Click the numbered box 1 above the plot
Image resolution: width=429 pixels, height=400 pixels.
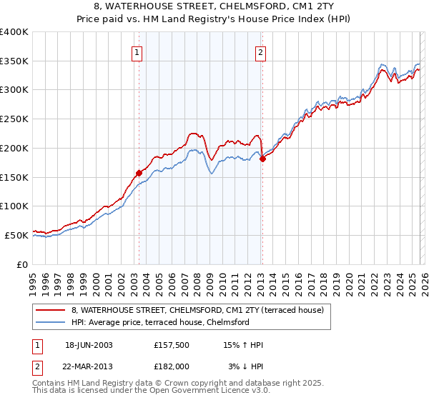[x=136, y=51]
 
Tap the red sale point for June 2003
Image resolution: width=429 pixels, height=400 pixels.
[x=139, y=172]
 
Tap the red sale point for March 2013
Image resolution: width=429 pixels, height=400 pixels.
[x=262, y=159]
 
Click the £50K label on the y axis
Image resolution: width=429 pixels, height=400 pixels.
[x=17, y=235]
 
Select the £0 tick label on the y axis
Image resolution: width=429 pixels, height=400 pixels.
[x=24, y=264]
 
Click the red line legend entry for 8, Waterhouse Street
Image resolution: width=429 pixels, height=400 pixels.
[x=197, y=311]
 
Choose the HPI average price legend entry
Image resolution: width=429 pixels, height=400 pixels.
[x=159, y=323]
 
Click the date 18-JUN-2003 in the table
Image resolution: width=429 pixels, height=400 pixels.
[x=89, y=345]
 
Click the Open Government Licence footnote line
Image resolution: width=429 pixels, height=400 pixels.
[x=147, y=391]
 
